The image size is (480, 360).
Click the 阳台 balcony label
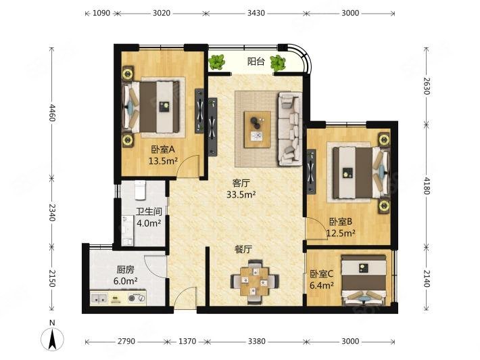(256, 62)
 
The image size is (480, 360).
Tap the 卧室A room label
(163, 150)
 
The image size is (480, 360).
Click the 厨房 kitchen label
(126, 269)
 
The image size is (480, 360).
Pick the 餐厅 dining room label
(243, 249)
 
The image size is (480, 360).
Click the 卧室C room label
(322, 274)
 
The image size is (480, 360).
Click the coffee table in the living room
(257, 127)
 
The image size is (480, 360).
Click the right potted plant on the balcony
(278, 64)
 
